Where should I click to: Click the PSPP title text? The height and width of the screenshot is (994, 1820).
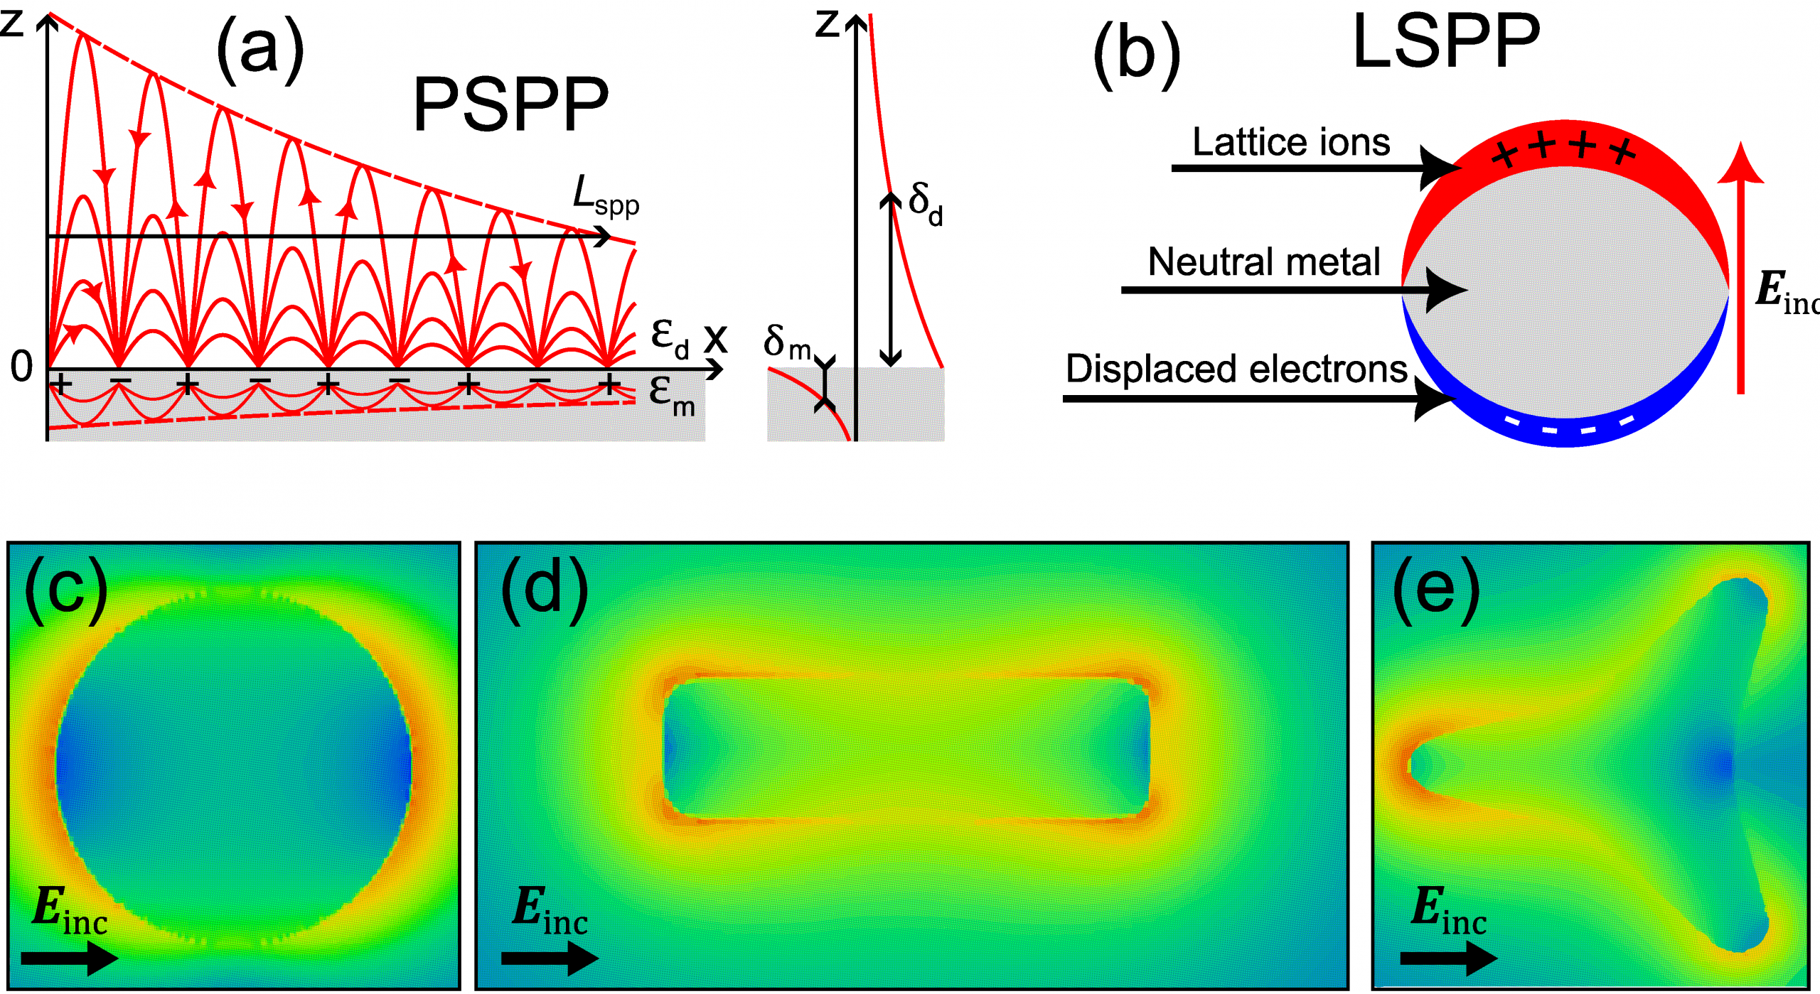(510, 104)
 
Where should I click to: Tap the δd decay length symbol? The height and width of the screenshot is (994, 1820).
(926, 203)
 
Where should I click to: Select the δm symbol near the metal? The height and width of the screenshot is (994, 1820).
(786, 342)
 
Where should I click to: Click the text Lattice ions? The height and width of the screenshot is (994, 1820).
(1291, 142)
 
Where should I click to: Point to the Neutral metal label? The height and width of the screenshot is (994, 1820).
(1264, 261)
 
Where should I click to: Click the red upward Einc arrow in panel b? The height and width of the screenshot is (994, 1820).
(1740, 270)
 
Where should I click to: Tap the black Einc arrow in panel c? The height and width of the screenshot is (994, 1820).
(69, 958)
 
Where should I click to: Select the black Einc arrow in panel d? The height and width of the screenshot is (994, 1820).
(549, 958)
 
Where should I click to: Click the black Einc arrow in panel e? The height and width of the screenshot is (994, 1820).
(1448, 958)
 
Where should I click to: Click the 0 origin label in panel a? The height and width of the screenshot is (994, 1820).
(21, 367)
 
